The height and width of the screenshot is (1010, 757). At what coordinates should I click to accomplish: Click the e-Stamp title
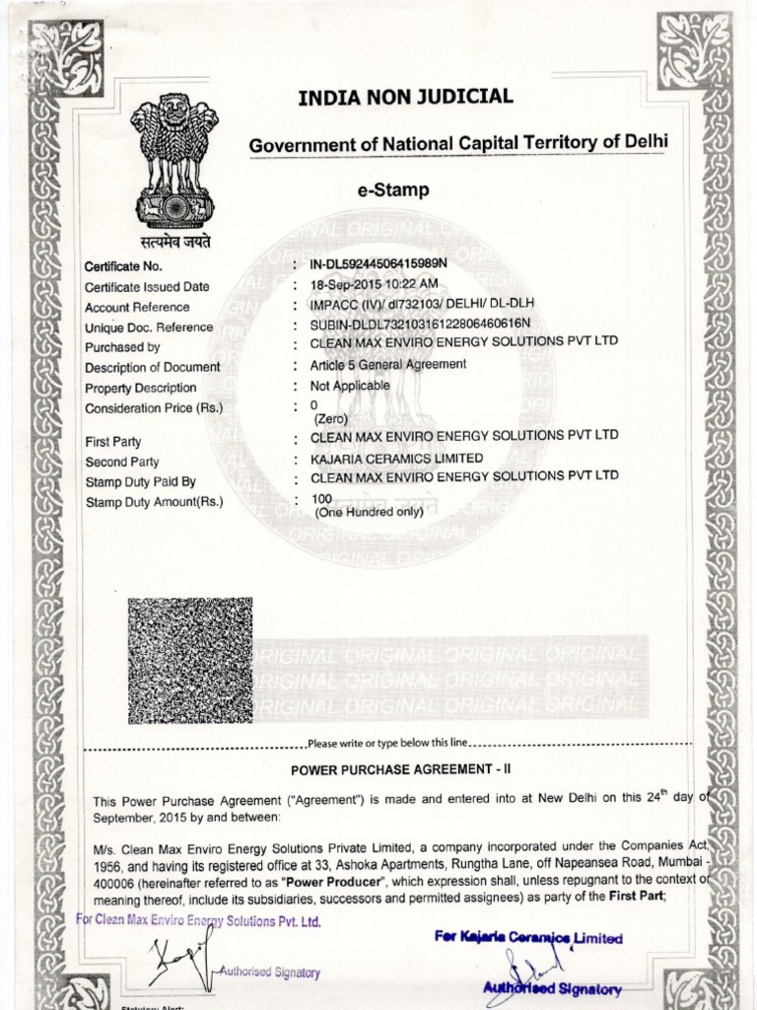[x=393, y=189]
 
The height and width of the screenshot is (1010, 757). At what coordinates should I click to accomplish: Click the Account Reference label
[x=137, y=307]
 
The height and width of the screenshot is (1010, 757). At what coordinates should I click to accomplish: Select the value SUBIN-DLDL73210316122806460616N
[x=421, y=325]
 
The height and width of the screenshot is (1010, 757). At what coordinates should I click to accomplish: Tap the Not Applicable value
[x=350, y=386]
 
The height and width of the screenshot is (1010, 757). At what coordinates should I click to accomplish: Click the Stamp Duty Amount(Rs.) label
[x=154, y=502]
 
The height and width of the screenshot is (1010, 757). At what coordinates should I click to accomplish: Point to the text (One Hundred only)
[x=369, y=512]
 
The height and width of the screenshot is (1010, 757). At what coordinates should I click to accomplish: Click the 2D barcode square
[x=189, y=660]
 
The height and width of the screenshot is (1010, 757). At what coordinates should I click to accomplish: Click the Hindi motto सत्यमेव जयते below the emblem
[x=173, y=242]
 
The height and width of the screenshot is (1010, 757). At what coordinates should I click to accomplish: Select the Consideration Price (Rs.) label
[x=154, y=408]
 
